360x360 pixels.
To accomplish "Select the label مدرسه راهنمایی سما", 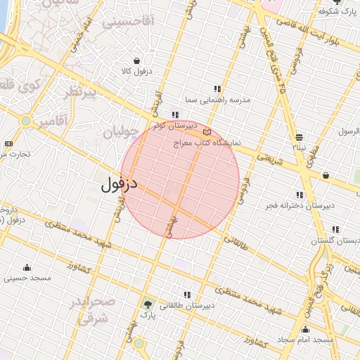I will [x=218, y=101].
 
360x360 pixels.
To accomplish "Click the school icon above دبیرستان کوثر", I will [x=174, y=115].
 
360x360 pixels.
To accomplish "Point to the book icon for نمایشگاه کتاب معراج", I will [x=206, y=131].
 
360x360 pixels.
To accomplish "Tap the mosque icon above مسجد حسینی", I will [x=27, y=267].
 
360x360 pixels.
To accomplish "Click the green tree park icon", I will [x=148, y=304].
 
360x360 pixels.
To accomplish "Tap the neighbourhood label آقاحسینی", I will [x=128, y=22].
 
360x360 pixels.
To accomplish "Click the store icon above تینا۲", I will [x=300, y=137].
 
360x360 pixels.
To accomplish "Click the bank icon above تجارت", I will [x=8, y=143].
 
